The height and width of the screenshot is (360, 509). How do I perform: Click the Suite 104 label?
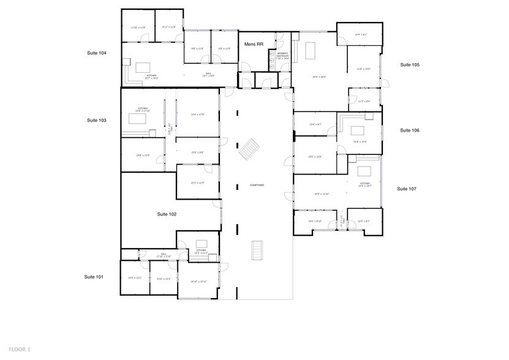tap(97, 54)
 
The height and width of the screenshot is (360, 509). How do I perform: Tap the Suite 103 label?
tap(97, 121)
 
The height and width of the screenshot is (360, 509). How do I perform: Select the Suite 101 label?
tap(94, 277)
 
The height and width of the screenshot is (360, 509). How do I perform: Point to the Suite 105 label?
tap(410, 64)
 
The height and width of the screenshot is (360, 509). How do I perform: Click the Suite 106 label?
tap(409, 130)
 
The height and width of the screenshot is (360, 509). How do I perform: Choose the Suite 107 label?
tap(407, 189)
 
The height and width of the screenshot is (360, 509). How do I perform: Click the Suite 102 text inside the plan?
tap(167, 214)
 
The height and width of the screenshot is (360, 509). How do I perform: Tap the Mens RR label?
tap(254, 45)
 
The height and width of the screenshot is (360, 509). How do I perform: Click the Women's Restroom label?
tap(282, 56)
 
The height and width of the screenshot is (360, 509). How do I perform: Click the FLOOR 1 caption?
tap(20, 350)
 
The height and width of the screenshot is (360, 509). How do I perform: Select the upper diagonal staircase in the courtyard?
tap(250, 148)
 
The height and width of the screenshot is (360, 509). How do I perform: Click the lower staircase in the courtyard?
tap(257, 250)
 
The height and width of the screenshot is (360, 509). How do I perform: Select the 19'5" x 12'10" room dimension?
tap(322, 194)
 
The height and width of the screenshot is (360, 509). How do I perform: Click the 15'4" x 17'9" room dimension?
tap(197, 114)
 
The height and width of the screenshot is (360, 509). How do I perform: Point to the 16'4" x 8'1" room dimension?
tap(361, 35)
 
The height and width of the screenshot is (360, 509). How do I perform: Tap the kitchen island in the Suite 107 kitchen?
tap(365, 171)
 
